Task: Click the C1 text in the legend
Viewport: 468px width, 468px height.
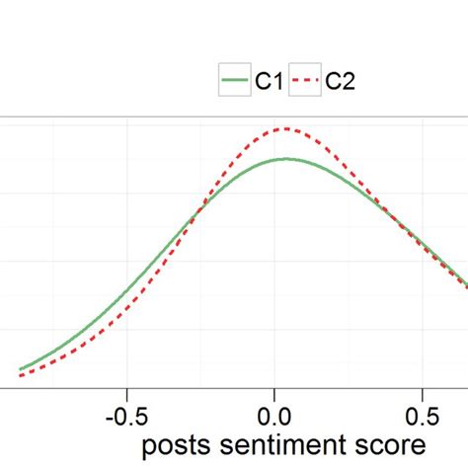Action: [270, 81]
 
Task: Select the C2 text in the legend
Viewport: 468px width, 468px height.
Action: [341, 81]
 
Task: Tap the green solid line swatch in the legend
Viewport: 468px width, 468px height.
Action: [235, 81]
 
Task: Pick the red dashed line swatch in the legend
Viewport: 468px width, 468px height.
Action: [307, 81]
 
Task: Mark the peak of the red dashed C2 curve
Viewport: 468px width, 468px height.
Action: [285, 128]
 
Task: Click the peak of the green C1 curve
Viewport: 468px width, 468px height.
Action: [285, 158]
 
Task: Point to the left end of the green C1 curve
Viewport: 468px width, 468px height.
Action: [20, 369]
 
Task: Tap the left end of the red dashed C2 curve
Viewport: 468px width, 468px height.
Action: [20, 376]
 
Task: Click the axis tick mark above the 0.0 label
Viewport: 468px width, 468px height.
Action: [274, 391]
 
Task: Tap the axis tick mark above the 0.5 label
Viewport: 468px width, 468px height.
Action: [424, 391]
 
